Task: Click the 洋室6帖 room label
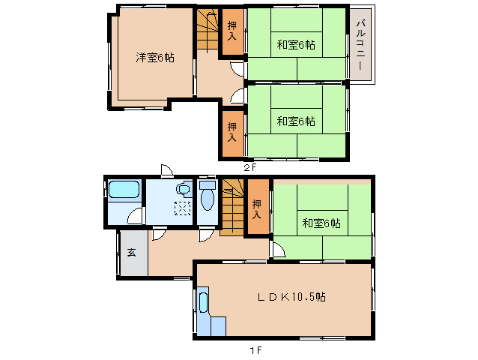pyautogui.click(x=154, y=57)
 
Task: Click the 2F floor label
pyautogui.click(x=250, y=167)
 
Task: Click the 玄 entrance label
pyautogui.click(x=131, y=253)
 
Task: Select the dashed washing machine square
pyautogui.click(x=182, y=209)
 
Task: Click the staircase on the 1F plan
pyautogui.click(x=232, y=208)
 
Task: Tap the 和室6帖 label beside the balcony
pyautogui.click(x=295, y=45)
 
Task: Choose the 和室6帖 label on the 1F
pyautogui.click(x=321, y=223)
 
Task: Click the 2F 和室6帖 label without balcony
pyautogui.click(x=295, y=121)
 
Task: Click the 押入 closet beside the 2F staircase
pyautogui.click(x=232, y=31)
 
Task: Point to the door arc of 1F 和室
pyautogui.click(x=276, y=250)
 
